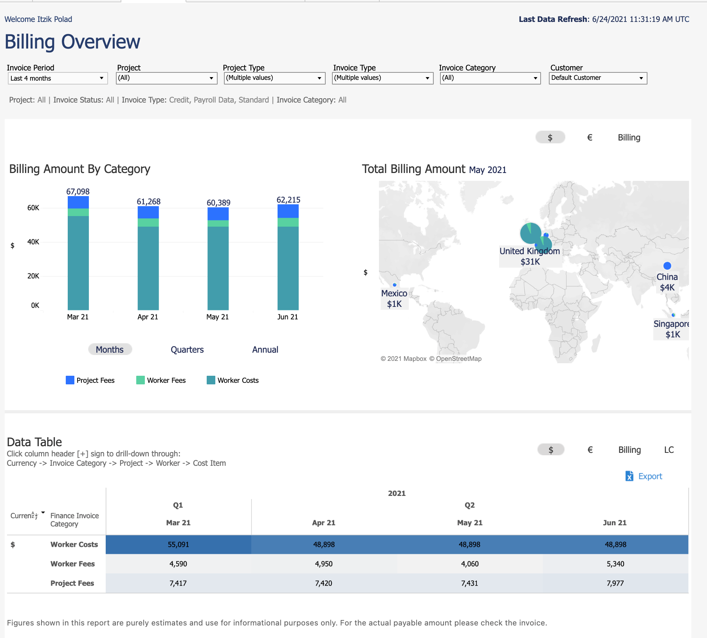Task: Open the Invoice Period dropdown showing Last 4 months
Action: (x=57, y=78)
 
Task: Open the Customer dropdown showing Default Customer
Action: (x=597, y=78)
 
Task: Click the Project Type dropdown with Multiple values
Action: (x=274, y=78)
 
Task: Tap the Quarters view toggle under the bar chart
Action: (x=187, y=350)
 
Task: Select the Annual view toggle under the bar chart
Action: (x=265, y=350)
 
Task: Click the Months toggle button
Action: (x=110, y=350)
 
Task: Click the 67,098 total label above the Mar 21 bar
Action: (x=78, y=191)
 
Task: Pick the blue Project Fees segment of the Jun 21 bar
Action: (x=288, y=211)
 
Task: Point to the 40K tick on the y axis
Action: (x=33, y=242)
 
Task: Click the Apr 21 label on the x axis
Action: (x=148, y=317)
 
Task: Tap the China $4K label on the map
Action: (x=667, y=282)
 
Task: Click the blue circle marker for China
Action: (x=667, y=266)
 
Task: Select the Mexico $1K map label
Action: (x=394, y=298)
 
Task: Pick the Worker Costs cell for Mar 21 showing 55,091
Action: (x=178, y=544)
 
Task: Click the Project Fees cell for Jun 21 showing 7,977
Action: (x=615, y=583)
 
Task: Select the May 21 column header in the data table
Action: (x=470, y=523)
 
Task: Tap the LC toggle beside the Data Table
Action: (x=669, y=450)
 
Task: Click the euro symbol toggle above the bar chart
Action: (x=590, y=137)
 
